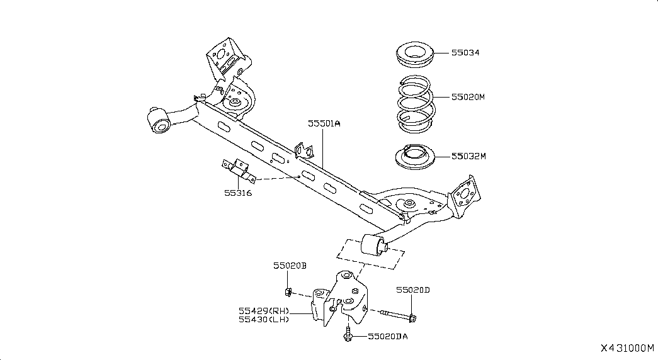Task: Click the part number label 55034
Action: coord(465,52)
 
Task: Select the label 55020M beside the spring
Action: coord(468,97)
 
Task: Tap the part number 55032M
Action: coord(468,156)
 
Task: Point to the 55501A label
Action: coord(324,123)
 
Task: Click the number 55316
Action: coord(238,193)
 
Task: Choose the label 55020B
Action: coord(290,266)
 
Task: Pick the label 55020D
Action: coord(413,290)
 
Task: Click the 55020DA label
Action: coord(388,337)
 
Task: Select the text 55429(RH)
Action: coord(264,311)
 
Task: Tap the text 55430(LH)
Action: coord(264,319)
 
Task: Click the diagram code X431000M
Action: coord(627,348)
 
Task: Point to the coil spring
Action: coord(416,104)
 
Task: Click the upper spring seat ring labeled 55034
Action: coord(414,55)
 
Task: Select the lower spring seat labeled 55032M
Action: coord(415,157)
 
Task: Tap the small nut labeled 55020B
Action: coord(288,291)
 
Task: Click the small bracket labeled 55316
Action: coord(239,171)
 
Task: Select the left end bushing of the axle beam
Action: coord(159,120)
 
